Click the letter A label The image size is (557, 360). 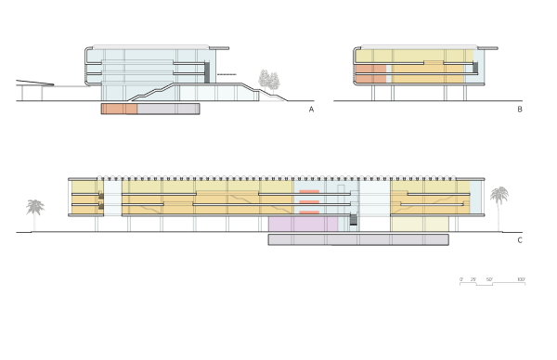[312, 109]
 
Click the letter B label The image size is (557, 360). [521, 109]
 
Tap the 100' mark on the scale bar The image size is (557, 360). [521, 278]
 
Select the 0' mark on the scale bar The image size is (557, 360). [461, 278]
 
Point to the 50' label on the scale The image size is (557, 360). [490, 278]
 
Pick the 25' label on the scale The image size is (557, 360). [475, 278]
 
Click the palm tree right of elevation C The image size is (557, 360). [499, 200]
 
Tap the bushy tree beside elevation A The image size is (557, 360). [271, 81]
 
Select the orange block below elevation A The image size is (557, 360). [119, 109]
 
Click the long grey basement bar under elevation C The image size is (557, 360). [358, 239]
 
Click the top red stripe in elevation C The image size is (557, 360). [310, 190]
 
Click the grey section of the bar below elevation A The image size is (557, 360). [168, 109]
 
